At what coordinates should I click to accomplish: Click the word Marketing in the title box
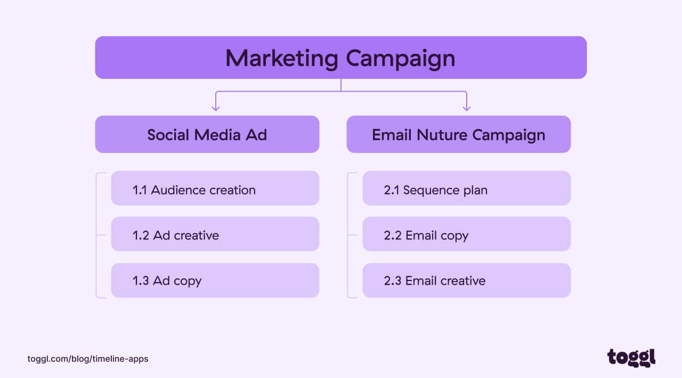click(282, 59)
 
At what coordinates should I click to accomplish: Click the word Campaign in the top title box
click(401, 59)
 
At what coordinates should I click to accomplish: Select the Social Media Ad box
click(207, 134)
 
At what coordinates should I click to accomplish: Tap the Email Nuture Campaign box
click(459, 134)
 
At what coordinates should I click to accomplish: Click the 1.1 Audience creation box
click(215, 188)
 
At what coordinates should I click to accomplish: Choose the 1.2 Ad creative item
click(215, 234)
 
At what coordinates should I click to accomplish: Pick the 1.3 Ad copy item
click(215, 280)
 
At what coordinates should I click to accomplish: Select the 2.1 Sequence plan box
click(466, 188)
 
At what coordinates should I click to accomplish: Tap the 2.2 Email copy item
click(466, 234)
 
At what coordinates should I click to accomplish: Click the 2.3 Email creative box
click(466, 280)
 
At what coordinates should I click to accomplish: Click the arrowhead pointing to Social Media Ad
click(216, 108)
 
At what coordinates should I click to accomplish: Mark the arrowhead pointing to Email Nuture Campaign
click(467, 108)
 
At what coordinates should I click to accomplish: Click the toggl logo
click(631, 358)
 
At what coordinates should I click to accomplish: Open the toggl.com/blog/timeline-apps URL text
click(88, 359)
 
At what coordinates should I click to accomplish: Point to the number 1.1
click(140, 190)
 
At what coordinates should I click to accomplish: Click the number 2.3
click(393, 281)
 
